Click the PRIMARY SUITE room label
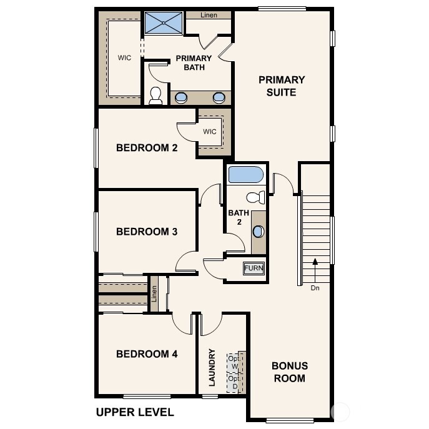[x=282, y=86]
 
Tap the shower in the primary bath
[x=164, y=23]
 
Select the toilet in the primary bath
[x=155, y=95]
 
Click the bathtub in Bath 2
[x=246, y=174]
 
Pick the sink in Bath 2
[x=259, y=231]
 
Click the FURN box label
[x=254, y=269]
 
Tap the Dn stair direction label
[x=315, y=288]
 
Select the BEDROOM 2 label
[x=147, y=148]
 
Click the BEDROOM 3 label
[x=147, y=232]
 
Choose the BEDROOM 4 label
[x=147, y=354]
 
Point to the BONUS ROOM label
[x=289, y=372]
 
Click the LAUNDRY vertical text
[x=212, y=367]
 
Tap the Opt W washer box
[x=234, y=362]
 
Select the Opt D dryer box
[x=234, y=382]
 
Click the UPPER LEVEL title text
[x=134, y=412]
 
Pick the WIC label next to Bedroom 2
[x=210, y=132]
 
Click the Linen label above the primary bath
[x=209, y=15]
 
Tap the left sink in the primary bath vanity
[x=182, y=97]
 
